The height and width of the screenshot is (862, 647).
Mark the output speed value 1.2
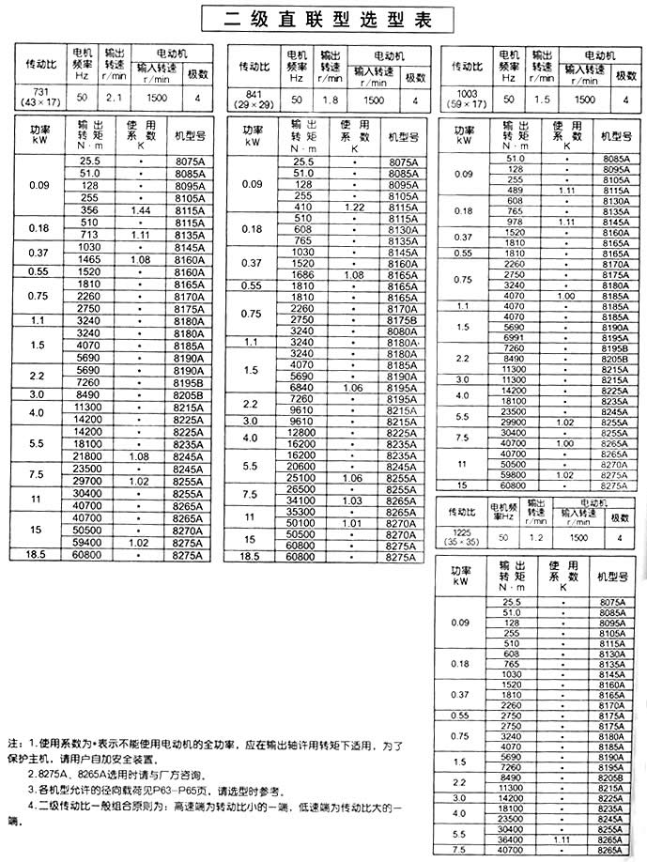point(534,538)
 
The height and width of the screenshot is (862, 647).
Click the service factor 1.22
point(354,207)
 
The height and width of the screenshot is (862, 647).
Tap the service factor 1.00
point(566,297)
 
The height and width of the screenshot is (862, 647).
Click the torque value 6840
point(301,387)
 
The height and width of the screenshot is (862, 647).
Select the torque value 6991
point(515,337)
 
